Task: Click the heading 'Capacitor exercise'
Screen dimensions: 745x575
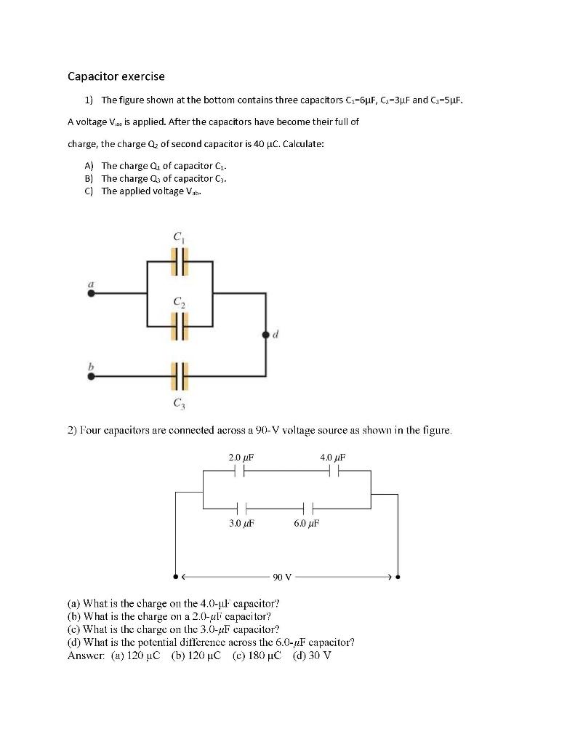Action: pyautogui.click(x=116, y=76)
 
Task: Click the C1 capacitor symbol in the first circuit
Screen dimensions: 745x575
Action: pyautogui.click(x=179, y=260)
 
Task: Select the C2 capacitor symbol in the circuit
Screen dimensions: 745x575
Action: pyautogui.click(x=179, y=326)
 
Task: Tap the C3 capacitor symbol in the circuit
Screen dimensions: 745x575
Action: pyautogui.click(x=179, y=376)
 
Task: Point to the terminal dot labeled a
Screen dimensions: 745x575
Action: pyautogui.click(x=91, y=293)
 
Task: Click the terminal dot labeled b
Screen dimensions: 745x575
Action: pyautogui.click(x=91, y=376)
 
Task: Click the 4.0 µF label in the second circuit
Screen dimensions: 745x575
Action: pyautogui.click(x=332, y=457)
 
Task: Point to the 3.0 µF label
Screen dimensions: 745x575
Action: pyautogui.click(x=241, y=522)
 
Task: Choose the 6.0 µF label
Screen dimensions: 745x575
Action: pyautogui.click(x=306, y=522)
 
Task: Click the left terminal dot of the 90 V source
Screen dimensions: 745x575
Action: pyautogui.click(x=175, y=577)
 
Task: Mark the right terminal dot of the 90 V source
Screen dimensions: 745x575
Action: pyautogui.click(x=398, y=577)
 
